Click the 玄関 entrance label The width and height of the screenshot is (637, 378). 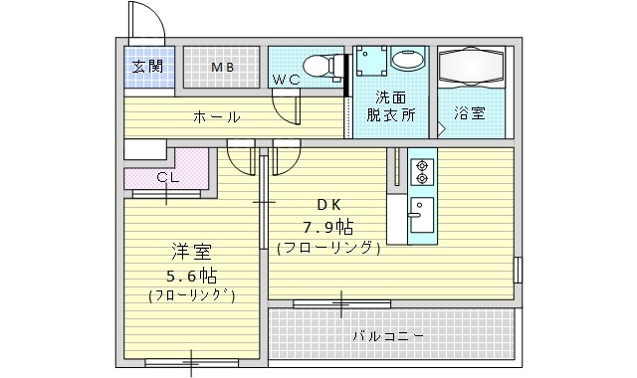(147, 67)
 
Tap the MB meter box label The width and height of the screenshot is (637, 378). (223, 68)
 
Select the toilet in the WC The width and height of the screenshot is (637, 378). (322, 66)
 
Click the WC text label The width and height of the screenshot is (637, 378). (287, 80)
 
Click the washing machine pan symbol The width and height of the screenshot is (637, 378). (371, 61)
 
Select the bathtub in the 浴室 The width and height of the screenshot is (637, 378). (471, 66)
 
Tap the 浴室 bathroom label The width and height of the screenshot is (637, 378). (469, 113)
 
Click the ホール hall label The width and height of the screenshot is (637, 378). (217, 117)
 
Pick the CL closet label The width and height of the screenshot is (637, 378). (168, 177)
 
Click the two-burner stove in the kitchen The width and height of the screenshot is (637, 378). (422, 172)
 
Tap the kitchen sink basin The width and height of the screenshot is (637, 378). (422, 215)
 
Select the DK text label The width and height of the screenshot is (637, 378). (328, 206)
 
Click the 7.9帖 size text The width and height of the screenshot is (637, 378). (327, 228)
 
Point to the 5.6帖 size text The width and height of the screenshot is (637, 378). (192, 277)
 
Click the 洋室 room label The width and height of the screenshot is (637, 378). (192, 252)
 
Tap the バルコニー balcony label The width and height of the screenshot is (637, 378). (388, 336)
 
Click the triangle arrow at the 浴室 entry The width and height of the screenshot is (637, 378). (442, 129)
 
